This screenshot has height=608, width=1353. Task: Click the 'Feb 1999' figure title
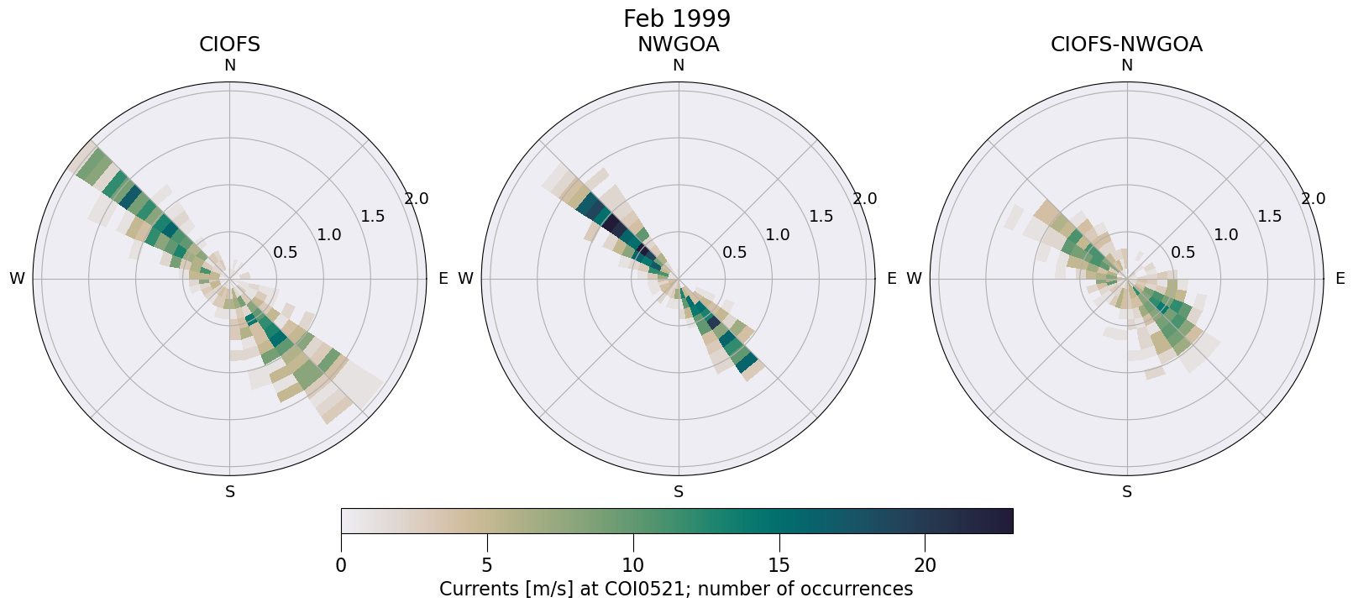(x=676, y=18)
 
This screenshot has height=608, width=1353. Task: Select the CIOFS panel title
(x=229, y=45)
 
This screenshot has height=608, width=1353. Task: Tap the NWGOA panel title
(x=678, y=45)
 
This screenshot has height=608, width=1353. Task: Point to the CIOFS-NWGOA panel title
(x=1126, y=45)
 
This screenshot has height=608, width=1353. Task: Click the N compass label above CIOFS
(x=230, y=66)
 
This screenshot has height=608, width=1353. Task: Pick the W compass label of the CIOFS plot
(x=17, y=279)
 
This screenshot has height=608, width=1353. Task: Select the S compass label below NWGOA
(x=679, y=492)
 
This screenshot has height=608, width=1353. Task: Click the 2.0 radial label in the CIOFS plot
(x=417, y=199)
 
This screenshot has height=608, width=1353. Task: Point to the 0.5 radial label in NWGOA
(x=734, y=252)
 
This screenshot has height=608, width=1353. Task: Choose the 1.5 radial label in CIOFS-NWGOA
(x=1270, y=217)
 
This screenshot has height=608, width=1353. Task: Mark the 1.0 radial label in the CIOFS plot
(x=329, y=234)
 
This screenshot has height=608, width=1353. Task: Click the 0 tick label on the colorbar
(x=341, y=566)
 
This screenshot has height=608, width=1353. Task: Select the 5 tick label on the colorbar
(x=487, y=566)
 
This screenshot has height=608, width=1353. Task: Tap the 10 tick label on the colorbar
(x=633, y=566)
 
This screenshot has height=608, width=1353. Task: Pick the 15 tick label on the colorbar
(x=779, y=566)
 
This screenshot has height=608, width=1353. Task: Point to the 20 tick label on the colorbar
(x=925, y=566)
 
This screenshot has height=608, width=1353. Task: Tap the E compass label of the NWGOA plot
(x=892, y=279)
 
